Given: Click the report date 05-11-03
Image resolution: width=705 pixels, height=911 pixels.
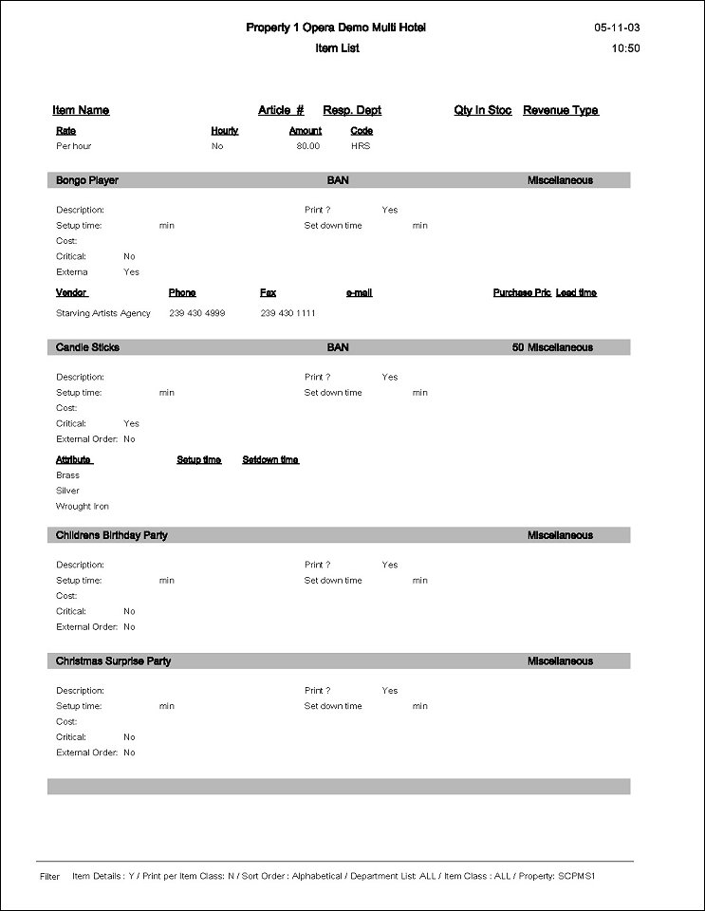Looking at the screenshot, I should (x=617, y=28).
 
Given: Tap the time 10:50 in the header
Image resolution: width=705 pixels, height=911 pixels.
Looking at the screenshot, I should (x=626, y=48).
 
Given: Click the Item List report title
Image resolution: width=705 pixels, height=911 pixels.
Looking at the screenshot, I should (x=337, y=48).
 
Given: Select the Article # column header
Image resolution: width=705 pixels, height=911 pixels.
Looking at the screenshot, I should (x=281, y=111).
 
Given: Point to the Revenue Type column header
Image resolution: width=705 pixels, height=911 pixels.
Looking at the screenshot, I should (x=561, y=111).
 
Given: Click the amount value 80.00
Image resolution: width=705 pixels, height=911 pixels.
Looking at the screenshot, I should (x=308, y=146).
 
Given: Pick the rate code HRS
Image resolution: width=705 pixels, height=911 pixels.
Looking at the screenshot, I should (x=361, y=146).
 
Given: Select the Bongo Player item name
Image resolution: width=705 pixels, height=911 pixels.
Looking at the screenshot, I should (x=87, y=180).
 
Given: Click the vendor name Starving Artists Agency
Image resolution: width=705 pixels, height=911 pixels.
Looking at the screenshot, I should (x=103, y=313).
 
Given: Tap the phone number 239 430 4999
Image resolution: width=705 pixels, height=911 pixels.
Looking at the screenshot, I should (x=197, y=313).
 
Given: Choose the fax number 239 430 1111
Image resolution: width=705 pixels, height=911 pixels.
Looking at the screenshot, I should (x=288, y=313).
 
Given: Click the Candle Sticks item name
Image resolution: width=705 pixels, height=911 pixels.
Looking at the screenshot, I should (x=87, y=347).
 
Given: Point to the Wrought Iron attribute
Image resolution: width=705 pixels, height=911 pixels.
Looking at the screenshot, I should (x=83, y=507).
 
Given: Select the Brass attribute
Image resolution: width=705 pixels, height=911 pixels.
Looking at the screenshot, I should (x=68, y=475).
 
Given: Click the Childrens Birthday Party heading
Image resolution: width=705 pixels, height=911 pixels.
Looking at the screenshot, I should (x=112, y=535).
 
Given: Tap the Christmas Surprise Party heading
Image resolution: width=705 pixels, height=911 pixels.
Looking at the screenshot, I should (x=114, y=661).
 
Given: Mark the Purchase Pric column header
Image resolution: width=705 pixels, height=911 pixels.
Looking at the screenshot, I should (x=522, y=293).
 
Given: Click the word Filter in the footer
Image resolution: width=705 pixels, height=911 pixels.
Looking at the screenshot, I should (x=49, y=877).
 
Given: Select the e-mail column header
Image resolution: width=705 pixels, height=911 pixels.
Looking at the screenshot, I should (x=360, y=293).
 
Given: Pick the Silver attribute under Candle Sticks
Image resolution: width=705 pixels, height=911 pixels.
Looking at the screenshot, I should (x=68, y=491).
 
